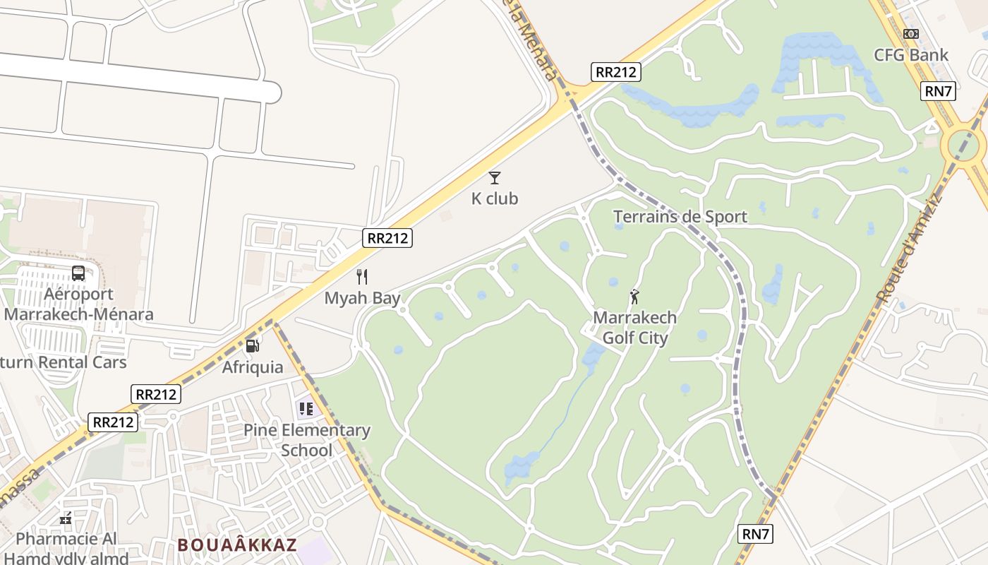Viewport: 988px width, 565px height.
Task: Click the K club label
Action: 495,198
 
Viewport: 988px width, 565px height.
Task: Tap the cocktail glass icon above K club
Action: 495,177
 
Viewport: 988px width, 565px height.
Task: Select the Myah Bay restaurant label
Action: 362,298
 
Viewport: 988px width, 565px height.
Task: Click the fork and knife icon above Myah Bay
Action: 362,276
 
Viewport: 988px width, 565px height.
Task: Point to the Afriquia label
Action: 253,367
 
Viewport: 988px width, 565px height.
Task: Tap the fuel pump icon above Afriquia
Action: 253,345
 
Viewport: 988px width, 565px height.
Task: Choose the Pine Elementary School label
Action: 307,440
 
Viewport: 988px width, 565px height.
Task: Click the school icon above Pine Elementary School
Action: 306,408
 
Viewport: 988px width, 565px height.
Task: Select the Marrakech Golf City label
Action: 634,328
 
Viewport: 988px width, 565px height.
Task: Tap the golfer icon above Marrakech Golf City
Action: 634,297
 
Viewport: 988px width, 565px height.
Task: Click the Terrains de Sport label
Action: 680,217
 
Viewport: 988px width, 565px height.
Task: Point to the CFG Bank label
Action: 911,55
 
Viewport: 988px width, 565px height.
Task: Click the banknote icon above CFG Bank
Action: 911,33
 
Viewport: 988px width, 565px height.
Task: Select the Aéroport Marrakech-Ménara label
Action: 78,304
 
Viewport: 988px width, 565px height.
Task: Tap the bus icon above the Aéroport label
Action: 78,273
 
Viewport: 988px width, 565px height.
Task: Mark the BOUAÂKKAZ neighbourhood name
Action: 237,545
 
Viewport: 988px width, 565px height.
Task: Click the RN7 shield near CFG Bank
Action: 939,90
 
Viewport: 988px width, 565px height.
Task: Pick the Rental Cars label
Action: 64,362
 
